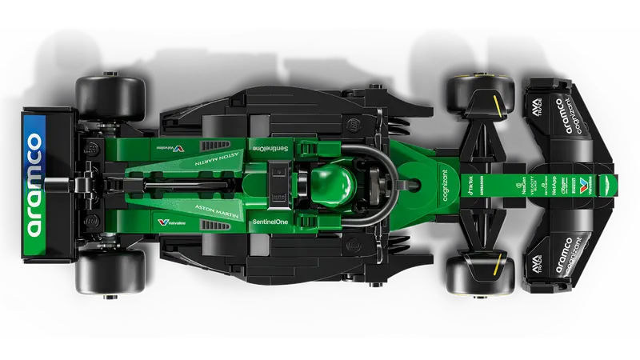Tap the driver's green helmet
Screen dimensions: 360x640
333,179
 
